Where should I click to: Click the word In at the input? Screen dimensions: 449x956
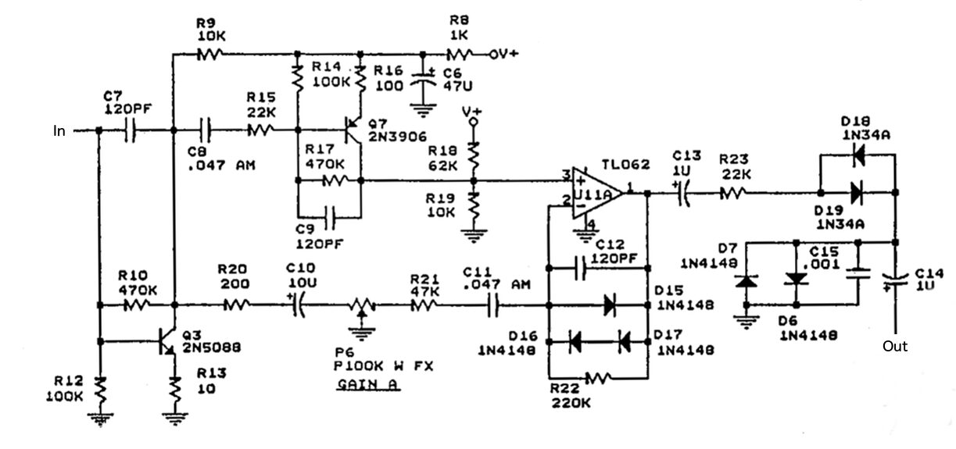coord(59,131)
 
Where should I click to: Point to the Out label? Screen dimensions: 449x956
coord(895,345)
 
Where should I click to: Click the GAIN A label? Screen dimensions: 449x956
coord(365,386)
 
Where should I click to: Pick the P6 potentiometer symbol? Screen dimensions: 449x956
coord(360,306)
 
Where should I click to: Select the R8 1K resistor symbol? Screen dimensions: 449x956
coord(460,55)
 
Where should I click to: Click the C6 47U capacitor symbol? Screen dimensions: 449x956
coord(425,80)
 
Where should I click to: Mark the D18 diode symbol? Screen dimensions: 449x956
coord(858,155)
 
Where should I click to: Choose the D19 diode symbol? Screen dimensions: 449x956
coord(858,191)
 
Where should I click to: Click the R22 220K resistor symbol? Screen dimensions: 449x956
coord(597,378)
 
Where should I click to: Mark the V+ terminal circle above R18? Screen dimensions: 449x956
coord(473,123)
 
